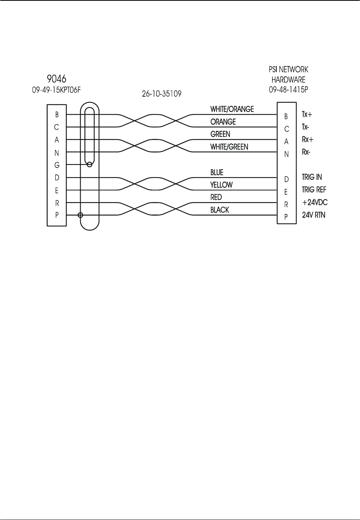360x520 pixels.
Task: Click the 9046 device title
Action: (56, 79)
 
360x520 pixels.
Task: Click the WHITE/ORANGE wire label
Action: (232, 109)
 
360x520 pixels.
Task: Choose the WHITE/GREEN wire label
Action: (229, 146)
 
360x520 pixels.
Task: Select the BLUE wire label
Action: (217, 173)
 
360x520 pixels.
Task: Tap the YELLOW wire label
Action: (221, 185)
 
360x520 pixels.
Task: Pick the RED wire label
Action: (216, 197)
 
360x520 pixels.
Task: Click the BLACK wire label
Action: (220, 210)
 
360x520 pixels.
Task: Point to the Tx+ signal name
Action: (307, 115)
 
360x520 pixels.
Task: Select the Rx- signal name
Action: (306, 152)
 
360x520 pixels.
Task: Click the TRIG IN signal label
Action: (312, 177)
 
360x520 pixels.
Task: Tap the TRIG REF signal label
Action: (314, 190)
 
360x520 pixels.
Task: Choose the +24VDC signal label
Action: (315, 202)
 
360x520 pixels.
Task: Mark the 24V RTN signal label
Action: (314, 215)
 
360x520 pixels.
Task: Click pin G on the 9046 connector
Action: (57, 165)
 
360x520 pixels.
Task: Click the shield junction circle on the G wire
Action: (90, 165)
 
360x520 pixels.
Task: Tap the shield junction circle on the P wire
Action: (80, 215)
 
